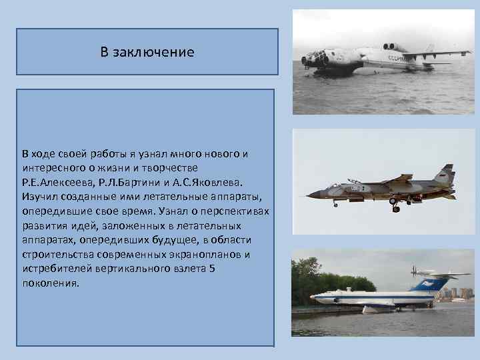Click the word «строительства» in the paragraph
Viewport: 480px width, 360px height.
pos(57,255)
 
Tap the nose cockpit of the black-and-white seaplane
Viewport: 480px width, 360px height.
pos(314,59)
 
